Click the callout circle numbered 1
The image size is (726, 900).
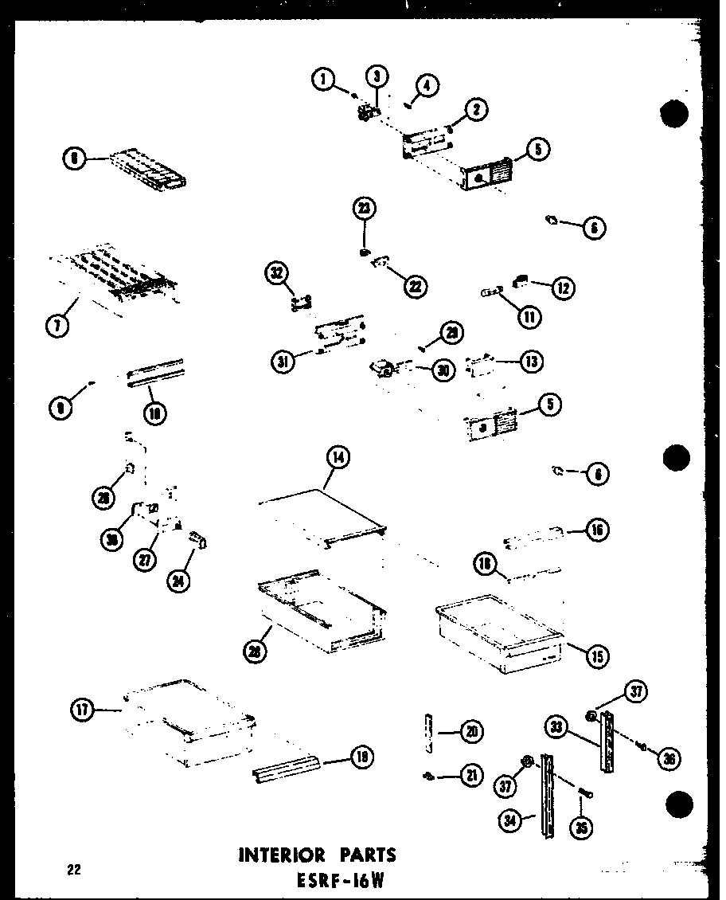322,80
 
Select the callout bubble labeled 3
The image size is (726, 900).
377,77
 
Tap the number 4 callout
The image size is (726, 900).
427,85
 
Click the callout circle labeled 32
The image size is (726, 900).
275,274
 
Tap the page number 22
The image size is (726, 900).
75,870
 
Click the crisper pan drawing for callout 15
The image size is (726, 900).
498,633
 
